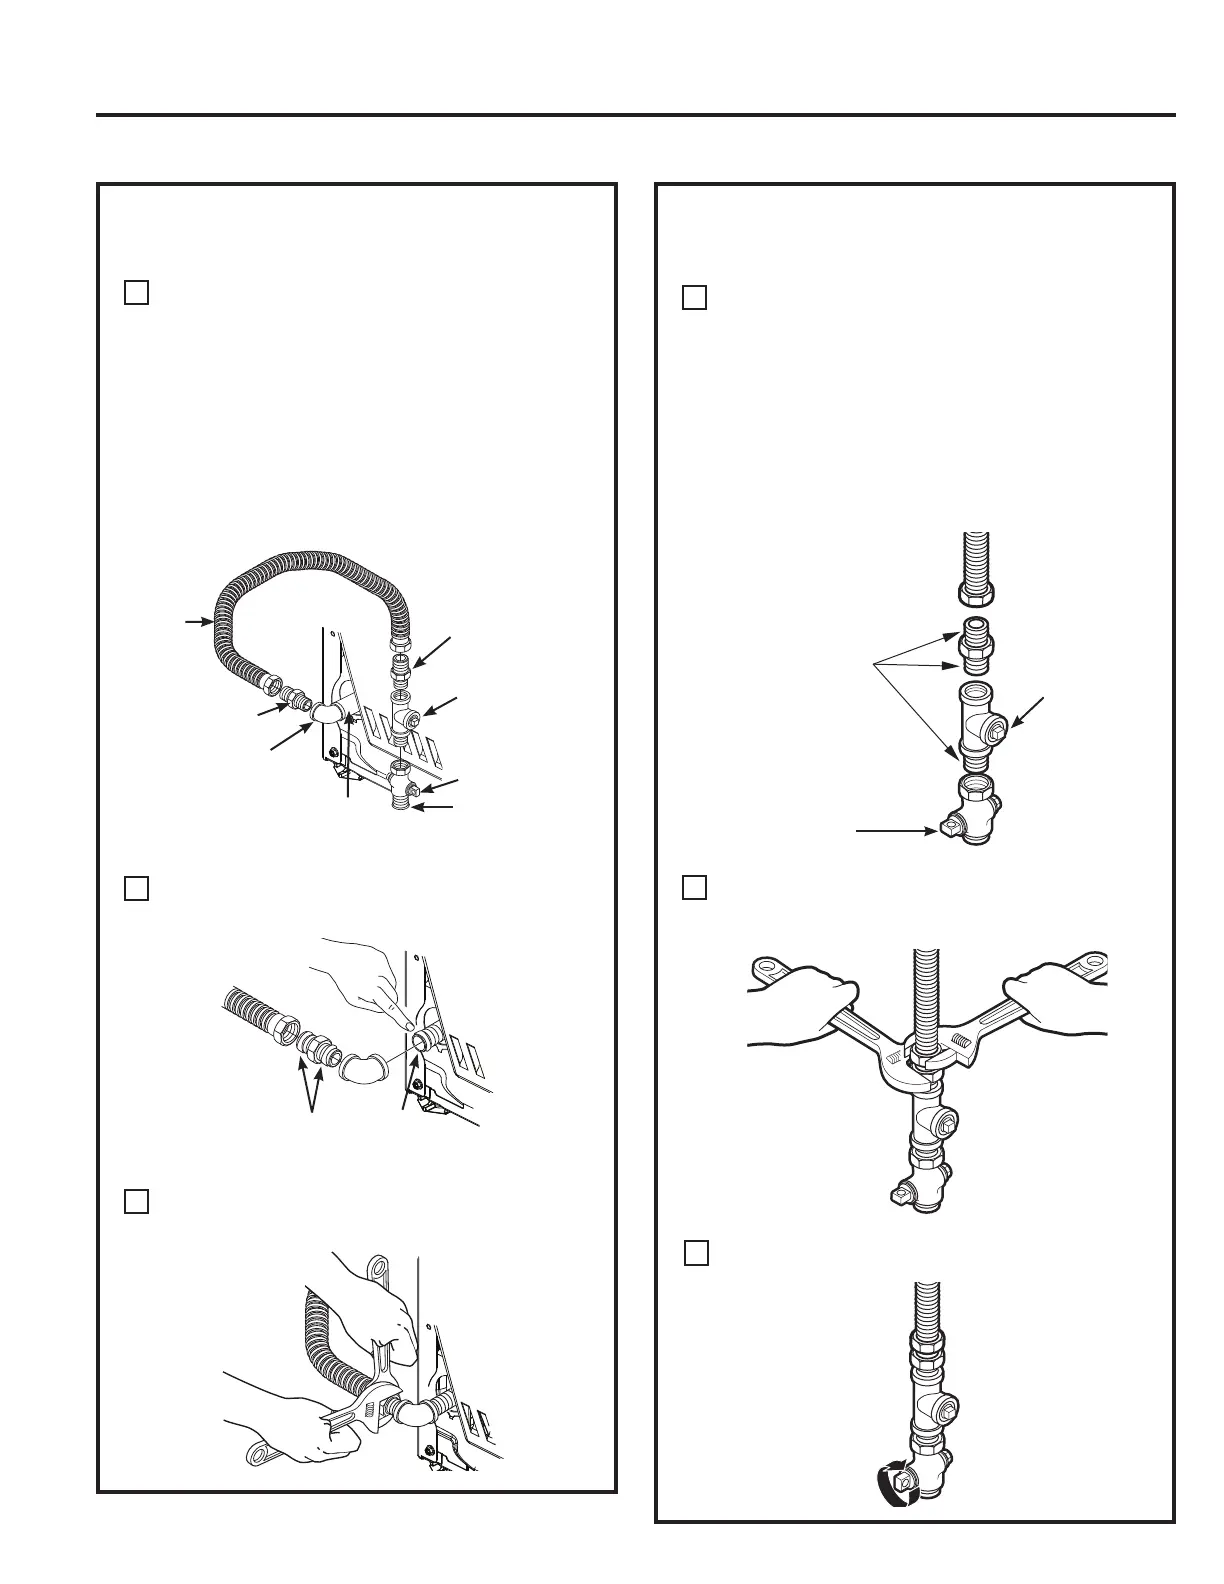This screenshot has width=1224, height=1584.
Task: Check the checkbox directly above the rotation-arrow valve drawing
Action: (x=697, y=1253)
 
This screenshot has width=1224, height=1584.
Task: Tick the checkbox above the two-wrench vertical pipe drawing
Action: (x=695, y=887)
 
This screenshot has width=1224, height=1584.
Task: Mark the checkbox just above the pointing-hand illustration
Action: (x=137, y=888)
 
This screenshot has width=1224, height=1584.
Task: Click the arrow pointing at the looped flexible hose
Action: (x=195, y=622)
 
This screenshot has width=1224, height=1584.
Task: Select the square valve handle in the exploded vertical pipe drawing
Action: (x=950, y=828)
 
